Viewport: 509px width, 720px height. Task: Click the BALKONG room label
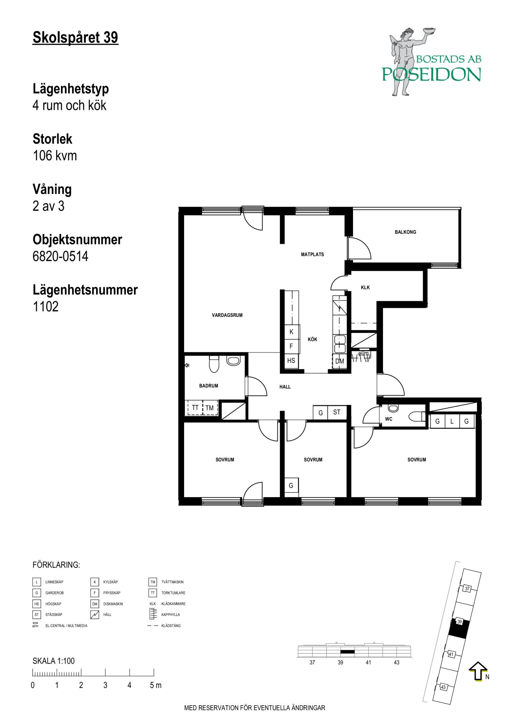coord(405,232)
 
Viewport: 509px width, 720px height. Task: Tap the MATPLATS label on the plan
coord(312,255)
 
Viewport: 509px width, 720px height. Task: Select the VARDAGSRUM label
coord(227,315)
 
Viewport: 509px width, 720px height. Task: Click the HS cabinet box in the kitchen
coord(291,360)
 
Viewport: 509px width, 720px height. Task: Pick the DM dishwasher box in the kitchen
coord(339,361)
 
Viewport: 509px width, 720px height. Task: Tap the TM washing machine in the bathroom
coord(210,408)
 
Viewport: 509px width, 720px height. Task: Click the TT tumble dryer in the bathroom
coord(195,408)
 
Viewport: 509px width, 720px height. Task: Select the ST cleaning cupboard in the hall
coord(337,413)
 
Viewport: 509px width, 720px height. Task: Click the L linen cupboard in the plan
coord(452,421)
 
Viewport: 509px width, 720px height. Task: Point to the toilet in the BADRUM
coord(214,364)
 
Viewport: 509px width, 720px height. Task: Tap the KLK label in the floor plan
coord(365,288)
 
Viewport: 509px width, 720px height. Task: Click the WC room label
coord(389,419)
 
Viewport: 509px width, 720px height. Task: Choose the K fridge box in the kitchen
coord(291,332)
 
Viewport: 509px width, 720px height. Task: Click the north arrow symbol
coord(478,672)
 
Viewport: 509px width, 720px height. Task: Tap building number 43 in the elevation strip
coord(397,662)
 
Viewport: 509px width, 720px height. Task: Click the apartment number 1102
coord(45,307)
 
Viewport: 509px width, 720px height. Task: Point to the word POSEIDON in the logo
coord(432,74)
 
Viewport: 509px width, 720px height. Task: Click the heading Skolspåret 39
coord(75,37)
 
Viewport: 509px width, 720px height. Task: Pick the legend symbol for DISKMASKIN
coord(95,604)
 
